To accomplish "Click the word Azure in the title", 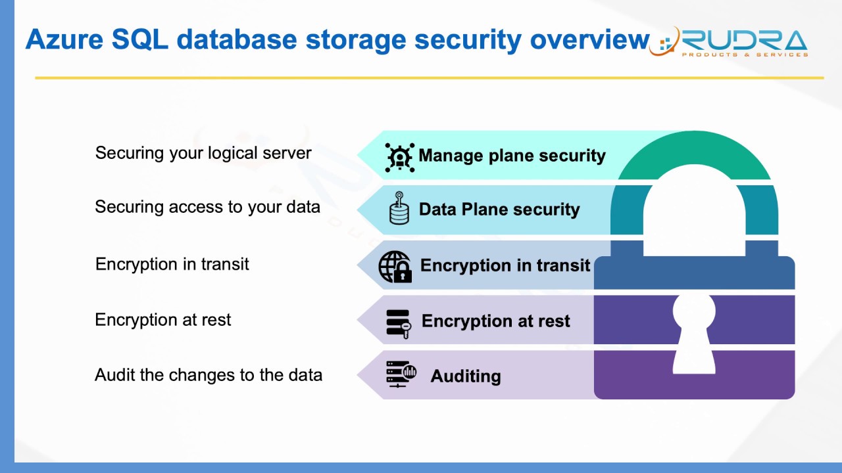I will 64,40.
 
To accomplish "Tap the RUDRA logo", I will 730,43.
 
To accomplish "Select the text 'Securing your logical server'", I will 203,153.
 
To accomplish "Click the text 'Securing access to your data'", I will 207,207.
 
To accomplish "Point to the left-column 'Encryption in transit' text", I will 172,264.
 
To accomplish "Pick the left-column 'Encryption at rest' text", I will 163,320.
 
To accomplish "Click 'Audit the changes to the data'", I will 209,375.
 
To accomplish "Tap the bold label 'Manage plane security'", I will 512,156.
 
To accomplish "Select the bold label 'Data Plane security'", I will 499,210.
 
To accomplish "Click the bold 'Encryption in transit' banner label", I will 505,265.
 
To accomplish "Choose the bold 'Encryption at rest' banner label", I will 495,321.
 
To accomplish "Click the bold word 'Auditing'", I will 466,376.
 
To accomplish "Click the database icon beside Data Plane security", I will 399,209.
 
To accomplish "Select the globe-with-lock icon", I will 395,267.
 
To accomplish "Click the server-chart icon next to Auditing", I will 401,374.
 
